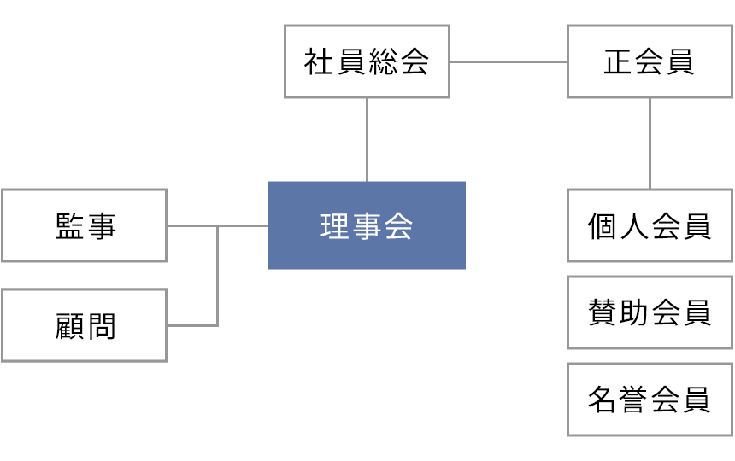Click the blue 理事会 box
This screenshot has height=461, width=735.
pos(367,225)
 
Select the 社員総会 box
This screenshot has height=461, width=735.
pos(367,61)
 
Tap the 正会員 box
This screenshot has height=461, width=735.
pos(650,61)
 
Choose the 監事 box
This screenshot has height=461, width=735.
pos(84,225)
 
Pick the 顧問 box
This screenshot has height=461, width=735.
pos(84,325)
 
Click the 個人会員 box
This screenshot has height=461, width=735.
pos(650,225)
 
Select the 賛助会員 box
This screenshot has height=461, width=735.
pos(650,312)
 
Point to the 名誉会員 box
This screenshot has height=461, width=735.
pos(650,400)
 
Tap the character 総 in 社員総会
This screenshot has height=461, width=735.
pos(382,61)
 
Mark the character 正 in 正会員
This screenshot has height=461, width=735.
pos(619,61)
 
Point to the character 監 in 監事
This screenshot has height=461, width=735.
pos(69,225)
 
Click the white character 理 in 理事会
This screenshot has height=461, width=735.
pos(336,226)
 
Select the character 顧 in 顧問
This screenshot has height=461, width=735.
pos(69,326)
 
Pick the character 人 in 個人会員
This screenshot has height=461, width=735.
pos(634,226)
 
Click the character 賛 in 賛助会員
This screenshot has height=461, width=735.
pos(603,312)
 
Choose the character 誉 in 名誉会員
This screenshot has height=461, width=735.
pos(634,400)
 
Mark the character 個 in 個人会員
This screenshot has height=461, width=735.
pos(603,226)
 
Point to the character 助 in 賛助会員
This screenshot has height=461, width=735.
pos(634,312)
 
